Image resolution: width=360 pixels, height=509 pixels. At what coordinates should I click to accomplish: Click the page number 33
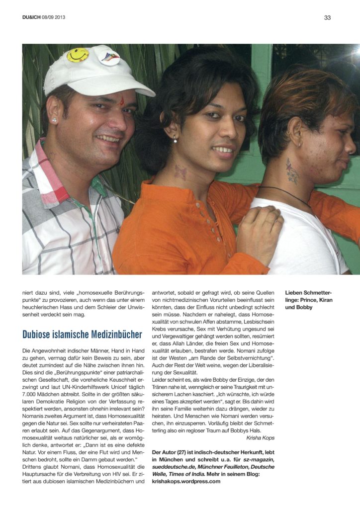click(327, 17)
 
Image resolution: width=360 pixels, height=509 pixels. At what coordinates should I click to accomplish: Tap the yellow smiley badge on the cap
click(78, 55)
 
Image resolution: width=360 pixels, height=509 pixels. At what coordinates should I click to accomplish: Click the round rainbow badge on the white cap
click(109, 58)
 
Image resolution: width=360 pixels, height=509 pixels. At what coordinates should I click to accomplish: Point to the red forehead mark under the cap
click(121, 102)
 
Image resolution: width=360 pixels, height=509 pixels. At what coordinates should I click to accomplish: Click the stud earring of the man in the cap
click(54, 120)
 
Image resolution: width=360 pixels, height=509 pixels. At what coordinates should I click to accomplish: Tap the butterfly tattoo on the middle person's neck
click(180, 172)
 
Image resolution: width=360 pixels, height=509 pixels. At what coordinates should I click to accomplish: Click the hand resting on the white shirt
click(259, 226)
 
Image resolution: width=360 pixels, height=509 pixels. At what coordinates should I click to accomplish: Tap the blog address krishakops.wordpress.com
click(186, 481)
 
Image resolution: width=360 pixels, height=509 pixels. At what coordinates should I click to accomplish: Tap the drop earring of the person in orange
click(175, 140)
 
